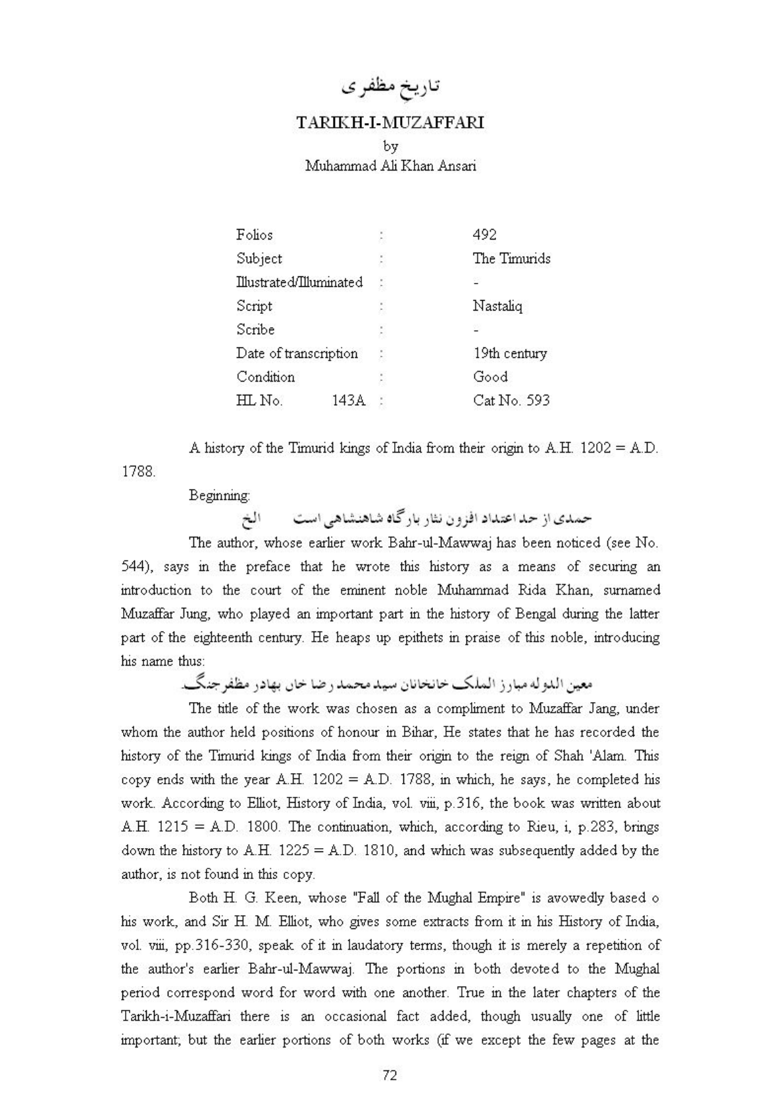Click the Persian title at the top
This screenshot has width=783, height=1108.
391,86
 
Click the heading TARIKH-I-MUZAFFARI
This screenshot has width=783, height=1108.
390,123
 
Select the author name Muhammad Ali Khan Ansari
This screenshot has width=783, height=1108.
390,166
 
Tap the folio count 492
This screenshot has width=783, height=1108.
484,235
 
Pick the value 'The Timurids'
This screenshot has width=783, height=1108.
511,259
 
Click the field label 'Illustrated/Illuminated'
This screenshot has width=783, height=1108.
299,282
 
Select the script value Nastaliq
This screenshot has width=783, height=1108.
497,306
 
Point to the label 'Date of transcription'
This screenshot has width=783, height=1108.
297,353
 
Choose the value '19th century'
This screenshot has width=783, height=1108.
509,353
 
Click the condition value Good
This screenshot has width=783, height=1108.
490,377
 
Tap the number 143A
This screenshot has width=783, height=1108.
349,401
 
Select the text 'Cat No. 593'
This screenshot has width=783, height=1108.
511,401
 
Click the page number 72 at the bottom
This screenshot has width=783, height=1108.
390,1075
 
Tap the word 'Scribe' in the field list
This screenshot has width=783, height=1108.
255,330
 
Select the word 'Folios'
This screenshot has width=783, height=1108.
254,235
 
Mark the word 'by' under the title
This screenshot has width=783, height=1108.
390,146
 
